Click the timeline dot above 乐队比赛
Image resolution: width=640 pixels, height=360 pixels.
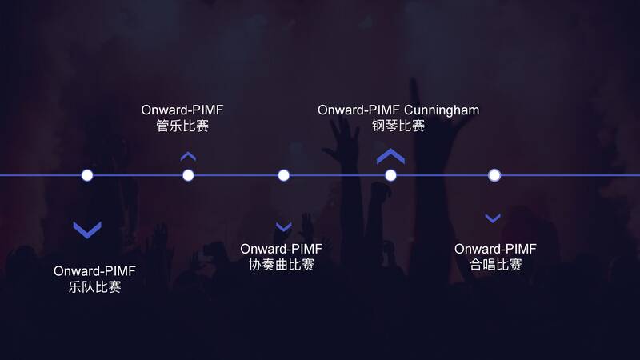point(87,175)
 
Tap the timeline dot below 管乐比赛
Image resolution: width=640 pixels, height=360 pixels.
point(188,175)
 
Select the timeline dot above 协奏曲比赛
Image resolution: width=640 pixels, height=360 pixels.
point(283,175)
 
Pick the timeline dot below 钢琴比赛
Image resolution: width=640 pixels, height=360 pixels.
point(390,175)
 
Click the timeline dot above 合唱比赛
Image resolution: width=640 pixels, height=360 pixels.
point(494,175)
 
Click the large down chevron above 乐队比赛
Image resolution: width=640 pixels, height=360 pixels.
point(87,230)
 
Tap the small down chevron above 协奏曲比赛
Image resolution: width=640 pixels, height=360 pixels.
point(283,227)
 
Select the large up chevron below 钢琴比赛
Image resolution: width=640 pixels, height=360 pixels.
point(390,157)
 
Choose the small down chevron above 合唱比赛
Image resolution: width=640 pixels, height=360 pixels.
point(493,218)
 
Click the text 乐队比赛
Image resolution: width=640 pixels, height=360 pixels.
point(95,287)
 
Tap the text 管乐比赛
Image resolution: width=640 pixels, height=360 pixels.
point(182,126)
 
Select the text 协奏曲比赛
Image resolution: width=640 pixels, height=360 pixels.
point(281,265)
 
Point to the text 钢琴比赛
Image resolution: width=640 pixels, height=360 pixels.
point(398,126)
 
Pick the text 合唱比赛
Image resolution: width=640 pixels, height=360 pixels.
point(495,265)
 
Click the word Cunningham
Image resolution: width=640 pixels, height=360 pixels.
point(442,110)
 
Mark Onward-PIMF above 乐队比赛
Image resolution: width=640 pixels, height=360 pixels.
point(94,271)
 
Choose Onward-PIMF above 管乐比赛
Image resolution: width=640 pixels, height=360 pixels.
point(182,110)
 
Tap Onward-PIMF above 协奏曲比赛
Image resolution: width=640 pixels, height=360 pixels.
point(281,249)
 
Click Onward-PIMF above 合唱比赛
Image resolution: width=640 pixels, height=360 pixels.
point(495,249)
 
